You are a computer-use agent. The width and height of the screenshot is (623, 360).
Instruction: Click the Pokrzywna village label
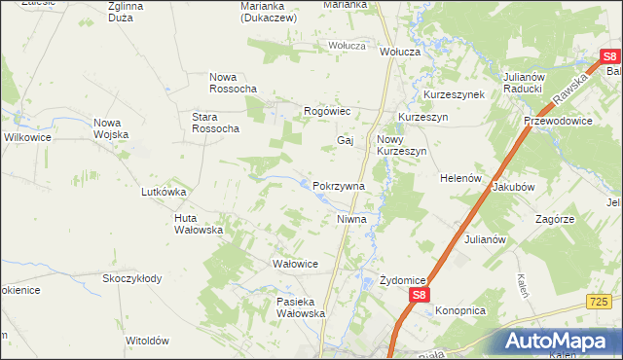(339, 186)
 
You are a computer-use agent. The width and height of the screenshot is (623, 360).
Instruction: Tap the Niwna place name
(351, 219)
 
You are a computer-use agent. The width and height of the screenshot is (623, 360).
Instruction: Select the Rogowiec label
(327, 112)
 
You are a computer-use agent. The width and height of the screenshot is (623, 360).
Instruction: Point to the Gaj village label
(345, 140)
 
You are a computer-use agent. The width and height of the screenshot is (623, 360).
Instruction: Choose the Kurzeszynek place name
(454, 94)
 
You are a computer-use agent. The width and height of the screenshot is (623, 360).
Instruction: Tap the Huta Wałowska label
(199, 224)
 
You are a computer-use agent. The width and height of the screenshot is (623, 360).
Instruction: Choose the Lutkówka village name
(164, 192)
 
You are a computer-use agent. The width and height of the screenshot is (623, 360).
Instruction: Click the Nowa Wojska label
(111, 128)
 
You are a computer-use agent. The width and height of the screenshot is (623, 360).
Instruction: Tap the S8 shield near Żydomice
(418, 294)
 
